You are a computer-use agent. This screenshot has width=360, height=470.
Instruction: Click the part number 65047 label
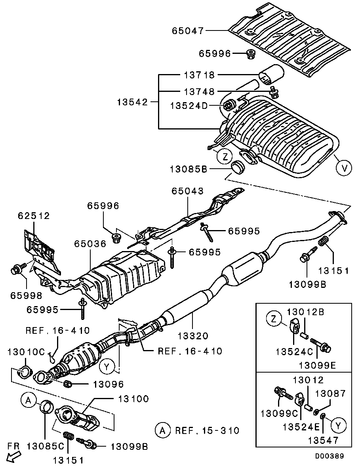pos(188,30)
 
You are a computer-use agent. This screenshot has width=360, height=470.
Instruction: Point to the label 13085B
pos(189,169)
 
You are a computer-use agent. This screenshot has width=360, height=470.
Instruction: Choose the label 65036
pos(90,244)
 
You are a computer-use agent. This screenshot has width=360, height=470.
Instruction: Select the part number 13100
pos(133,399)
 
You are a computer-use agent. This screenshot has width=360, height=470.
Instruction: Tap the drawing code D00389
pos(330,456)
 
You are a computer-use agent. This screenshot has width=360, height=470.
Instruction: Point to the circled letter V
pos(344,168)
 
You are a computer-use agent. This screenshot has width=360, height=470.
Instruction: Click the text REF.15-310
pos(207,430)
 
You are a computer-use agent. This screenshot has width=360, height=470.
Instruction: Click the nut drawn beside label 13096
pos(68,383)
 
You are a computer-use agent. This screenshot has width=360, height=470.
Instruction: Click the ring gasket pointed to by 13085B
pos(238,167)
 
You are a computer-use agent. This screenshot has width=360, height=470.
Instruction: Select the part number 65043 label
pos(187,191)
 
